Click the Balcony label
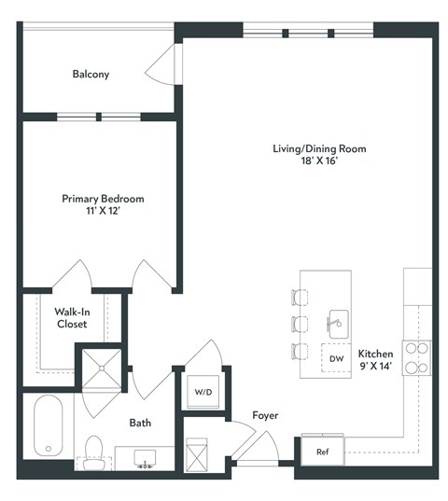(91, 74)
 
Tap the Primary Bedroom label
(103, 199)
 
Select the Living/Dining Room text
(318, 148)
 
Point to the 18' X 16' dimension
(318, 161)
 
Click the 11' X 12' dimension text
(103, 212)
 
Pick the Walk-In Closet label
(72, 318)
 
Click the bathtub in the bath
(47, 425)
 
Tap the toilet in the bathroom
(93, 451)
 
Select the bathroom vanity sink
(145, 458)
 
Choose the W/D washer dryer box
(202, 390)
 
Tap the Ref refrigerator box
(322, 452)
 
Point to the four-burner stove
(416, 358)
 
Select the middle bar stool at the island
(300, 324)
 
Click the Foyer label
(265, 415)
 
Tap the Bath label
(140, 423)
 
